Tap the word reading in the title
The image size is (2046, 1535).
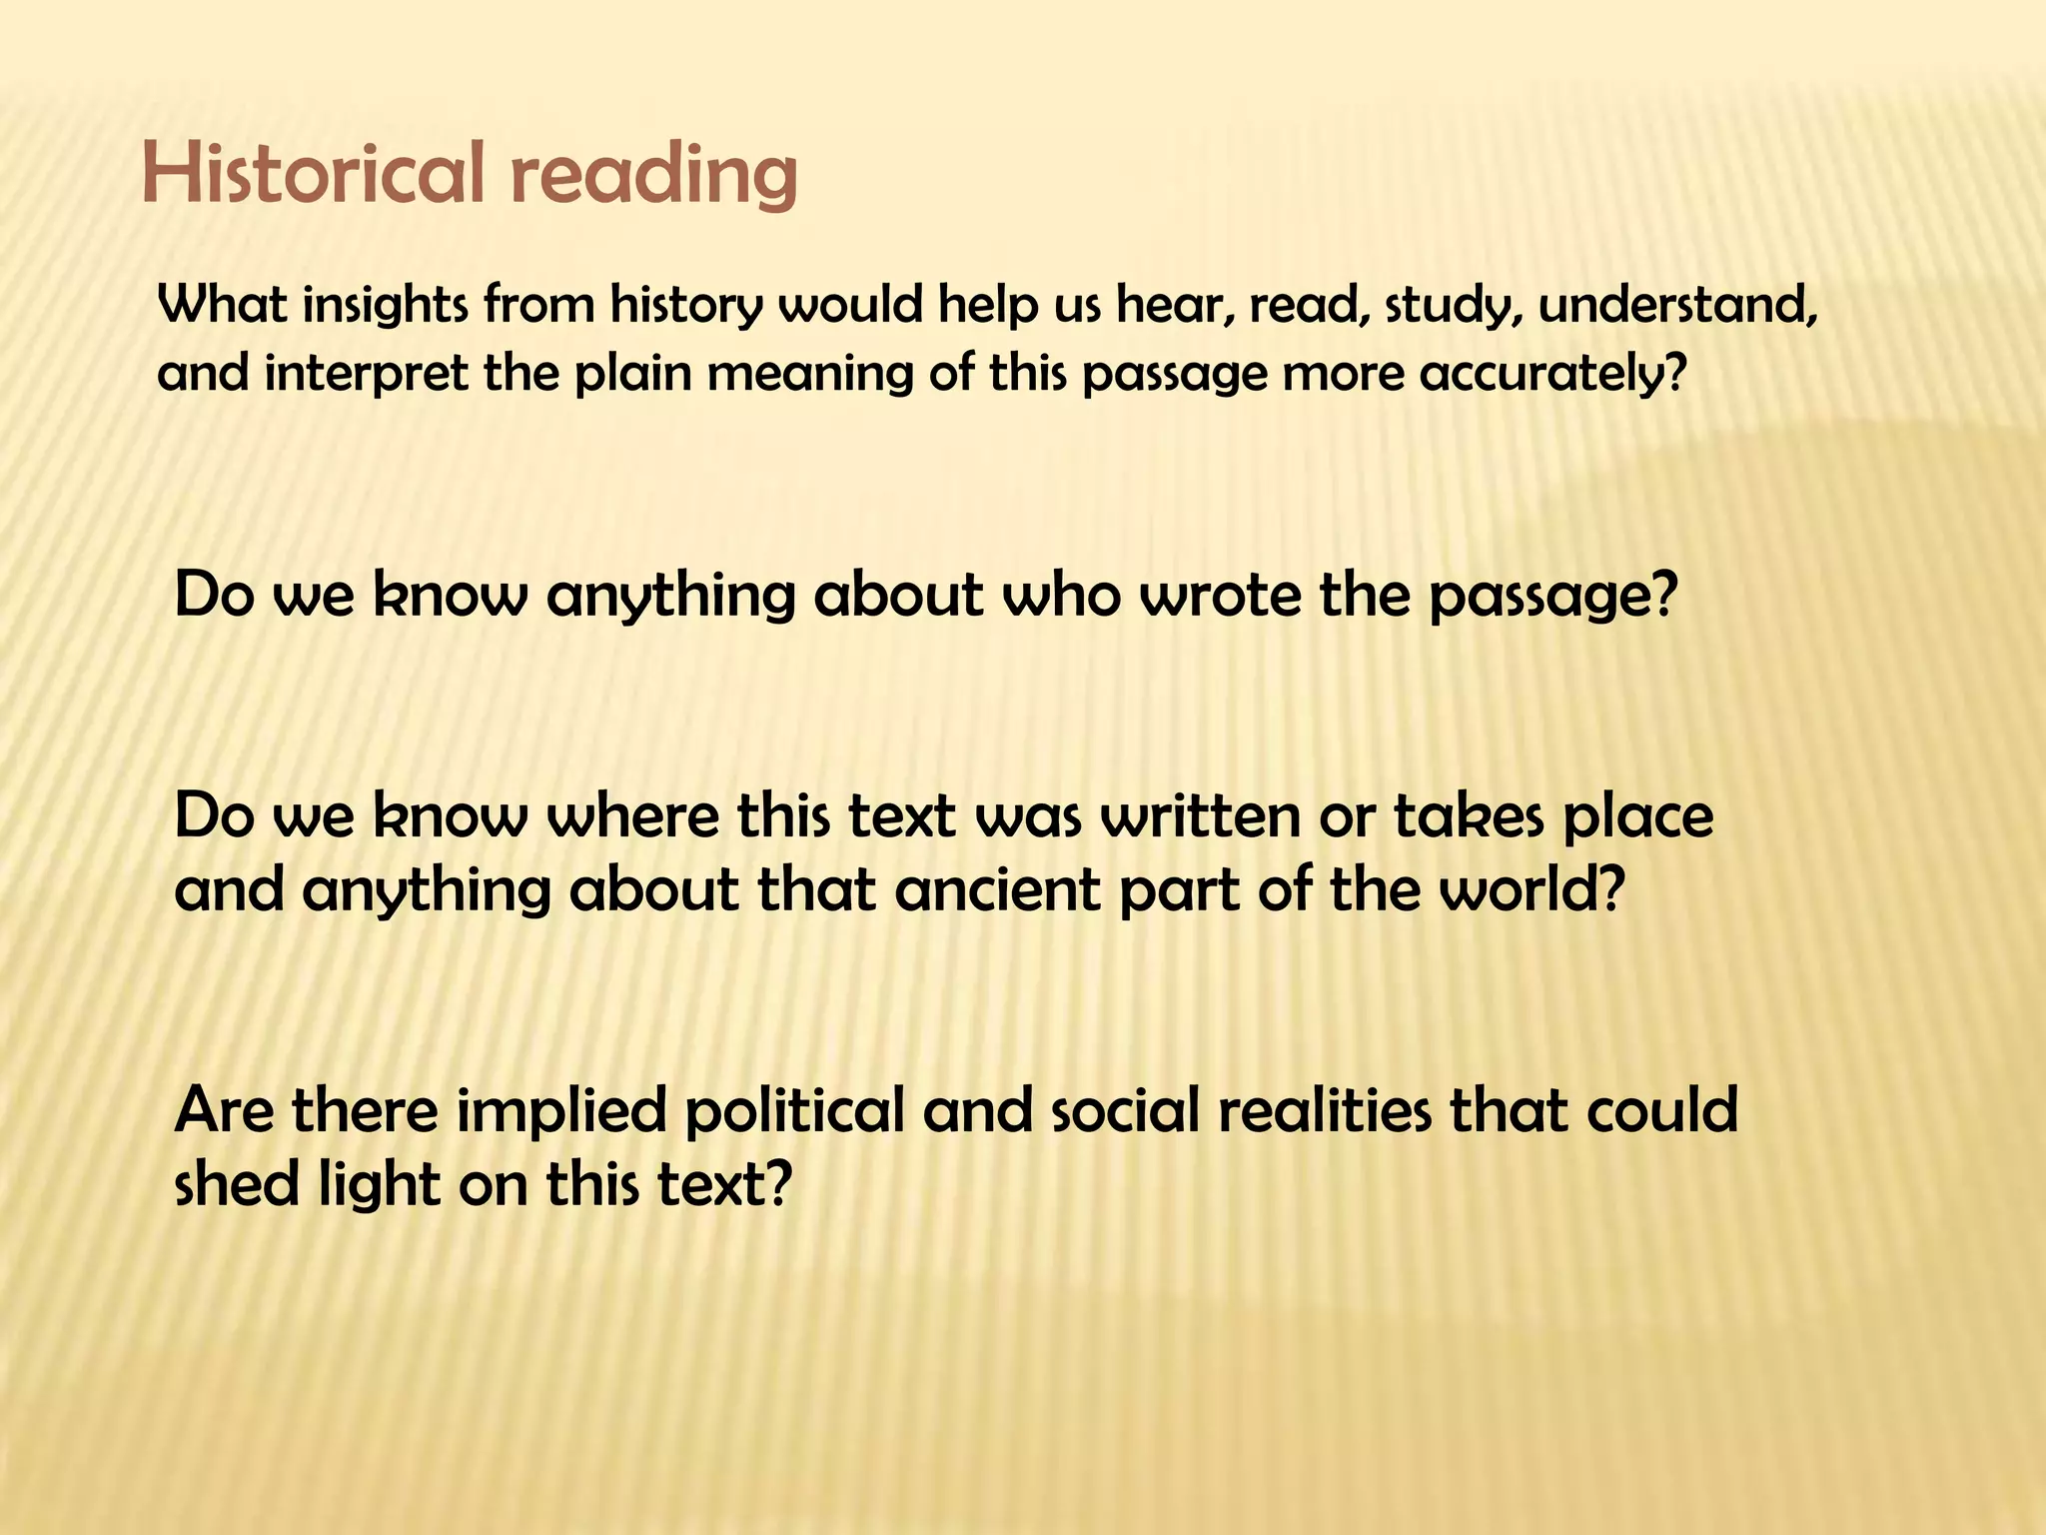pos(653,176)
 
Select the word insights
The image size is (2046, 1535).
pos(386,306)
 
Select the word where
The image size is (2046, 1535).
pos(634,816)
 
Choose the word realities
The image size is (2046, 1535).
pos(1325,1109)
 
